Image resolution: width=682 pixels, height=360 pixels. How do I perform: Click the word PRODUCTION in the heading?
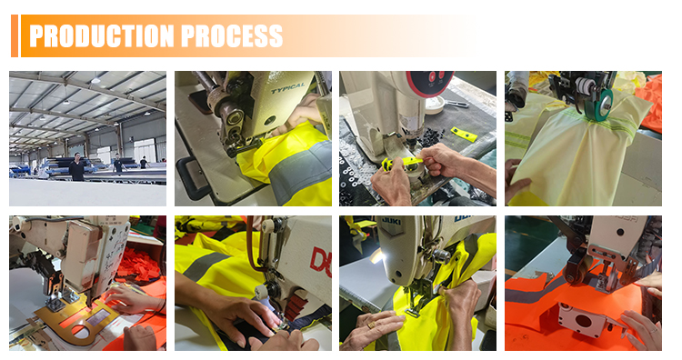pos(102,35)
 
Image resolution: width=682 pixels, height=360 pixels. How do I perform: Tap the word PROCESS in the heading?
pos(232,35)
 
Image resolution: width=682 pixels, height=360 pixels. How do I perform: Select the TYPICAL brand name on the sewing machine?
pos(287,88)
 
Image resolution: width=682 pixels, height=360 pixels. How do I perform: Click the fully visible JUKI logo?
pos(391,222)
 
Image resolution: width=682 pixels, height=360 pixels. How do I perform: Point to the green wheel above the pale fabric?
pos(599,105)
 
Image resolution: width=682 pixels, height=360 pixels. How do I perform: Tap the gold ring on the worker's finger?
pos(371,325)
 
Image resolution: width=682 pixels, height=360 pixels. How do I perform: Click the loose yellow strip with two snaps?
pos(464,134)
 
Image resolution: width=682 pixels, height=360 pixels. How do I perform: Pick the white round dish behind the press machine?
pos(435,105)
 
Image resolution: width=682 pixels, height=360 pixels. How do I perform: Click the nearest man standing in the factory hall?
pos(76,167)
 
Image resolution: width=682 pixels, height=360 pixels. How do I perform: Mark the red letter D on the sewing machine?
pos(320,262)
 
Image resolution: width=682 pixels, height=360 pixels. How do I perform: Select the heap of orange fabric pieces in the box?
pos(139,264)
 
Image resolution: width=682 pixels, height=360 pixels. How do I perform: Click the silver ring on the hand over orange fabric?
pos(652,330)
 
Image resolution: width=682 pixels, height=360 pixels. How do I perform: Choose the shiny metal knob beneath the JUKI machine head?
pos(440,256)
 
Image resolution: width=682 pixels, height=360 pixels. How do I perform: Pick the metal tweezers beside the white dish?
pos(456,104)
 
